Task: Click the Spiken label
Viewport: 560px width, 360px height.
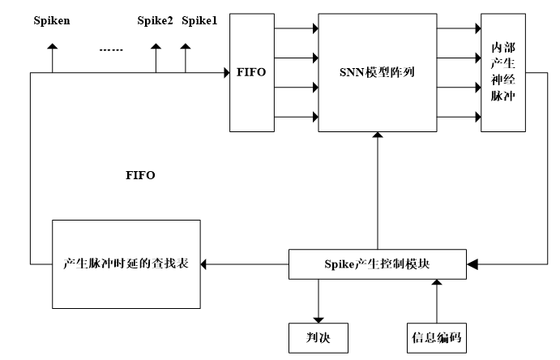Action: (50, 20)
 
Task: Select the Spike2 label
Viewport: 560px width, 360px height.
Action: (155, 20)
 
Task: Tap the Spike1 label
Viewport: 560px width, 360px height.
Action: (199, 20)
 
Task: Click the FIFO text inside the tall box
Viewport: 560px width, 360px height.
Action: (252, 72)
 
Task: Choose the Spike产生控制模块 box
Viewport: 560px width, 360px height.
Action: (378, 264)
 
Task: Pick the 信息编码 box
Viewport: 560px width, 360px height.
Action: (436, 335)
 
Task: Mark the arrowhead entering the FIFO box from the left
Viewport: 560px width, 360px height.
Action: (225, 73)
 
